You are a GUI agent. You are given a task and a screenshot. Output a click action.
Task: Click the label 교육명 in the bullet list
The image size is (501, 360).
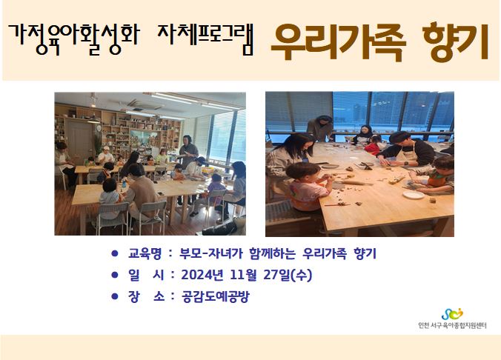pos(145,253)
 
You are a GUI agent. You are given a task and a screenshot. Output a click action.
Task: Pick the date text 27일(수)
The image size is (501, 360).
pos(288,275)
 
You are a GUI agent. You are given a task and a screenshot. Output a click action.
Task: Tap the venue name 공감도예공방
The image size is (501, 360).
pos(215,297)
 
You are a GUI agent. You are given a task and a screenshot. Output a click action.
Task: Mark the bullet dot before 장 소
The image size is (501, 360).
pos(115,296)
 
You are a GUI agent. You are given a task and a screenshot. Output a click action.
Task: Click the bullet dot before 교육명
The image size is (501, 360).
pos(115,253)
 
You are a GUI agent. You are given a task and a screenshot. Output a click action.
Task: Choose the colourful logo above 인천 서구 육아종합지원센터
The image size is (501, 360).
pos(452,314)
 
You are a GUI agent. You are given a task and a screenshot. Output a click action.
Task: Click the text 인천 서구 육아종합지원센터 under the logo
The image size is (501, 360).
pos(452,326)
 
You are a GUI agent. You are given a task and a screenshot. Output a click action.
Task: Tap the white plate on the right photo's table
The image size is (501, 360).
pos(413,195)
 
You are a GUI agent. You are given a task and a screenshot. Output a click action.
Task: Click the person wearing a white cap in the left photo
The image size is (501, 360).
pos(105,156)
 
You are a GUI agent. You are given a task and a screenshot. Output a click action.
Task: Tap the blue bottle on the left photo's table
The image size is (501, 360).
pos(124,183)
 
